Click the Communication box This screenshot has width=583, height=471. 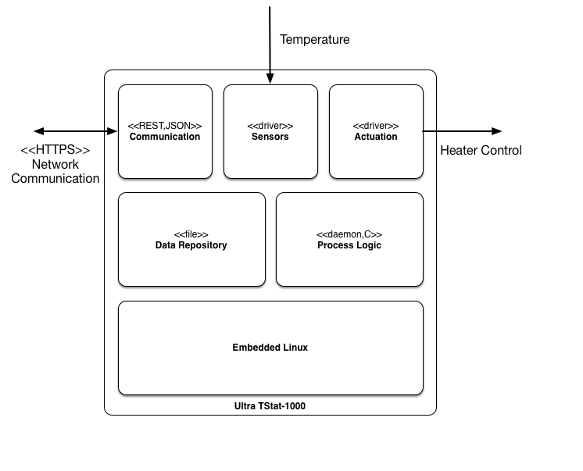coord(165,131)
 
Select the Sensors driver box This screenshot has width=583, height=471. coord(270,131)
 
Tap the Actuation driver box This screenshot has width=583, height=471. coord(376,131)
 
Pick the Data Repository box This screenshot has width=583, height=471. coord(191,239)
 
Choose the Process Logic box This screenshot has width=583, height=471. coord(349,239)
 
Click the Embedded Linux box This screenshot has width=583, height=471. coord(270,348)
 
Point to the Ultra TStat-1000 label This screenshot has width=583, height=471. coord(270,406)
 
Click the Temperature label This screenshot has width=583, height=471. coord(315,39)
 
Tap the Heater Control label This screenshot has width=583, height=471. coord(481,151)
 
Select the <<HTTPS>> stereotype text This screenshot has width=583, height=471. coord(55,150)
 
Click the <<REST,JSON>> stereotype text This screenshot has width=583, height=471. coord(165,126)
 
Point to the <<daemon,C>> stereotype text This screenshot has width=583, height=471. coord(349,234)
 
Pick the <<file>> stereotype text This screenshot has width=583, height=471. coord(191,234)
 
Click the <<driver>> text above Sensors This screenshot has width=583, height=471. coord(270,126)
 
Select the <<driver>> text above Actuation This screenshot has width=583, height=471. coord(376,126)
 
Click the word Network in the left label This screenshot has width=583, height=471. coord(55,164)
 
